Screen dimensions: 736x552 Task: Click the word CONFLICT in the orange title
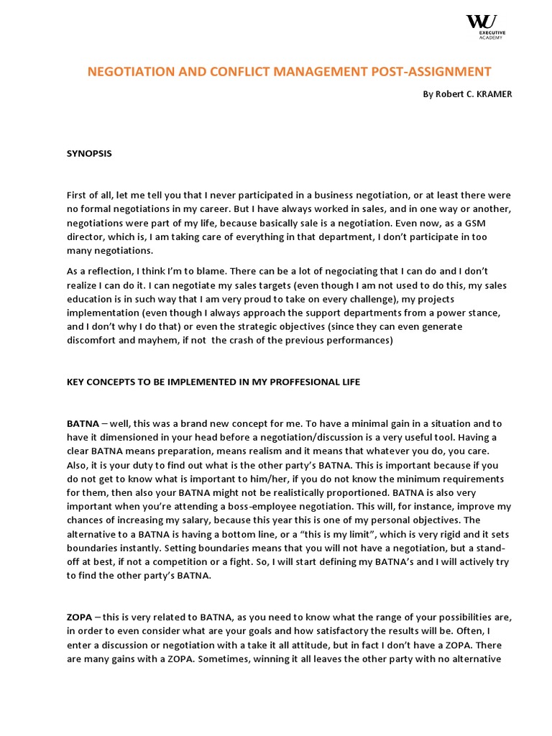click(236, 71)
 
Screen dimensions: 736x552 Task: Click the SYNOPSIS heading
click(89, 153)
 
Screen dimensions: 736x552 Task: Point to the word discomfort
click(95, 340)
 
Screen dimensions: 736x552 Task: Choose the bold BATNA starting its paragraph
click(83, 423)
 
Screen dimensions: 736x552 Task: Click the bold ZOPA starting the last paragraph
click(79, 617)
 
